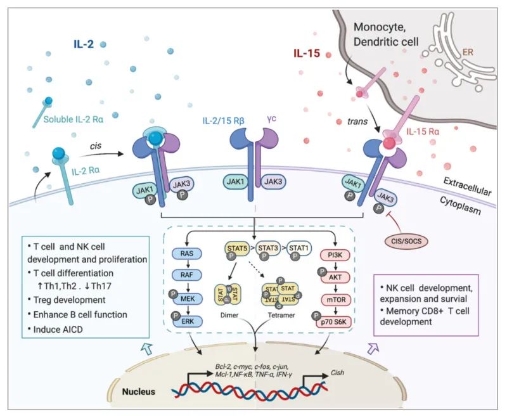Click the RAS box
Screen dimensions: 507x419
pyautogui.click(x=187, y=254)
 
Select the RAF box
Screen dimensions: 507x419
pyautogui.click(x=187, y=275)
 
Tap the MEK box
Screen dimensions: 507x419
pyautogui.click(x=188, y=299)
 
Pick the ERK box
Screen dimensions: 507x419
pyautogui.click(x=188, y=321)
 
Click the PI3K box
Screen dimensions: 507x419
pyautogui.click(x=335, y=255)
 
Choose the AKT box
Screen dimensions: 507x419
pyautogui.click(x=335, y=278)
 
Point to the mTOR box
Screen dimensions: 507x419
pyautogui.click(x=336, y=300)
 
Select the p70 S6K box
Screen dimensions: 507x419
pyautogui.click(x=334, y=322)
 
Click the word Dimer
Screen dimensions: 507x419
pyautogui.click(x=229, y=315)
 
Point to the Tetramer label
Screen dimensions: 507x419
pyautogui.click(x=281, y=315)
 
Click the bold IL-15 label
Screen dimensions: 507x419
pyautogui.click(x=307, y=53)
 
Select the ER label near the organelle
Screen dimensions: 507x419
pyautogui.click(x=468, y=52)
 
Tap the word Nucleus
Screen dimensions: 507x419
pyautogui.click(x=139, y=392)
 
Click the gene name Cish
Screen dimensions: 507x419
pyautogui.click(x=337, y=373)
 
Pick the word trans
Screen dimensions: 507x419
pyautogui.click(x=357, y=122)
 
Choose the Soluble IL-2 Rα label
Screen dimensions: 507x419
pyautogui.click(x=74, y=119)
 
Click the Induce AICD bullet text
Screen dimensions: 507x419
pyautogui.click(x=56, y=330)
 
